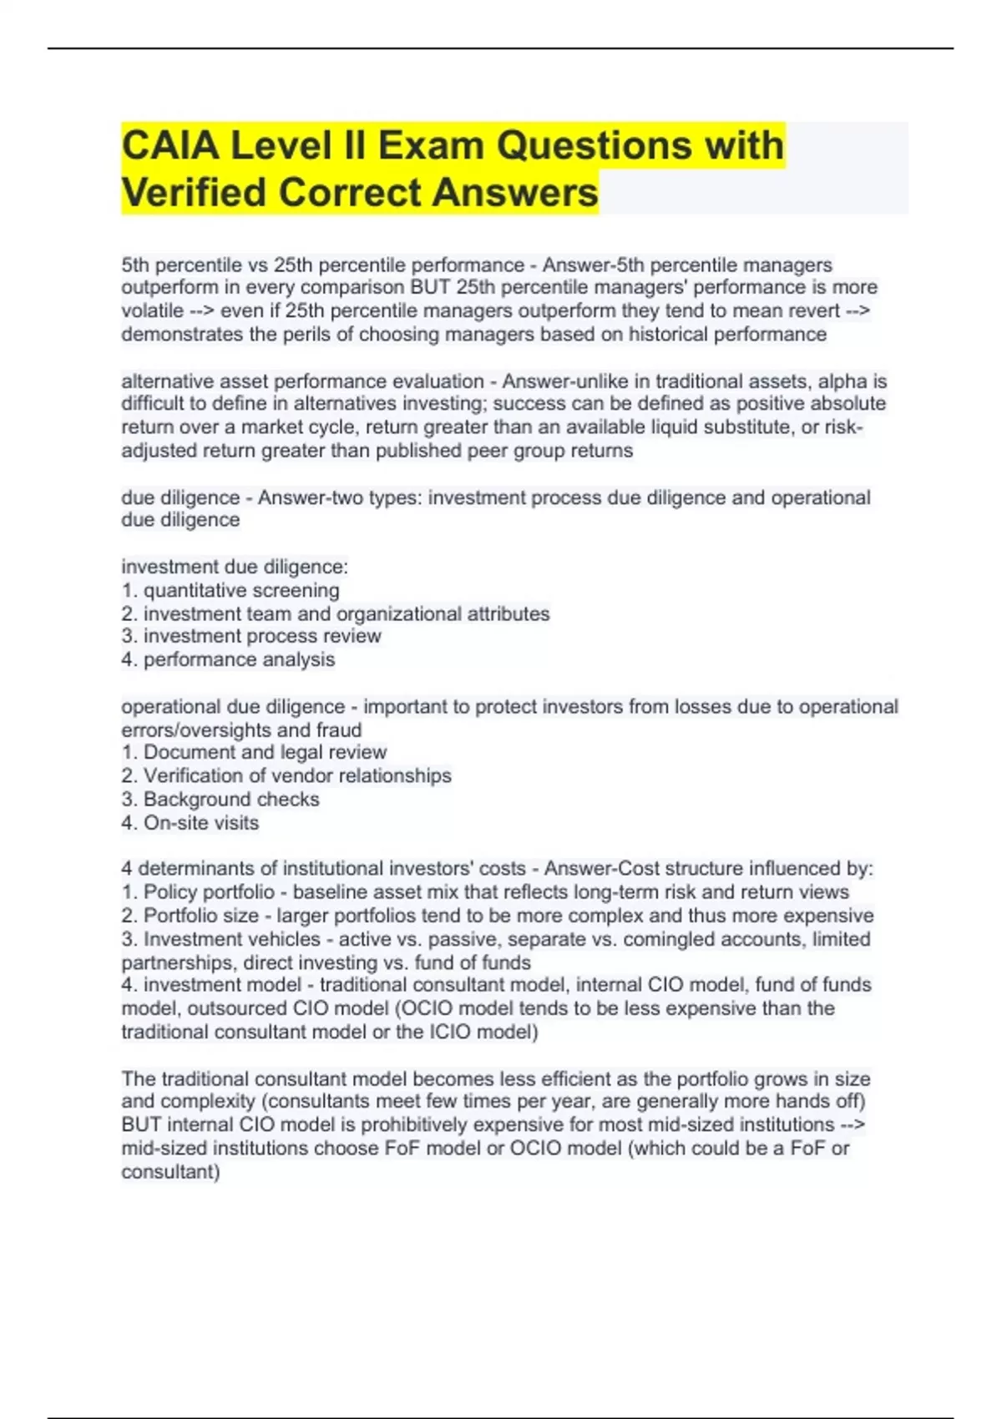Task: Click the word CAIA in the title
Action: [x=170, y=145]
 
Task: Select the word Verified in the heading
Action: [x=194, y=192]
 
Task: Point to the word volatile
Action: [x=152, y=311]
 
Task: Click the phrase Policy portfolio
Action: [x=209, y=891]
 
